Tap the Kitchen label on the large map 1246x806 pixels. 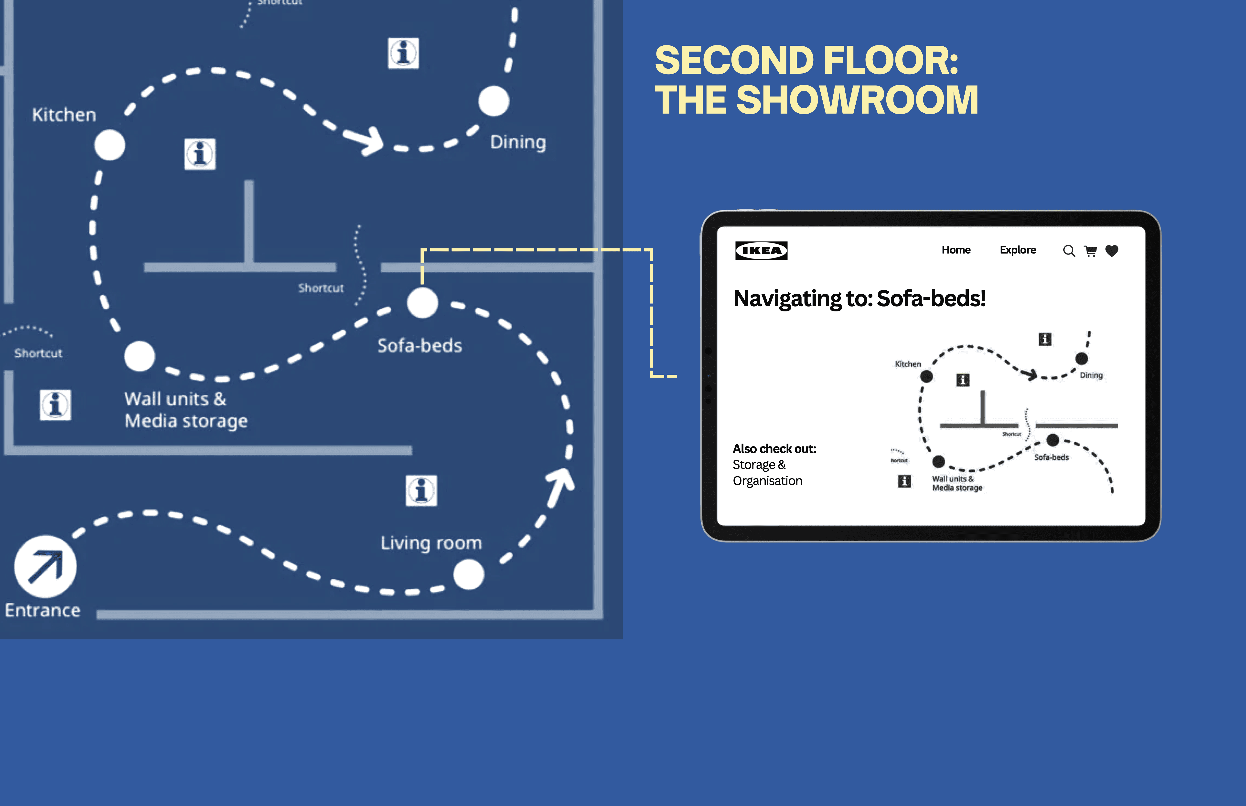coord(64,115)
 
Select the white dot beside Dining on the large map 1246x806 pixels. coord(493,101)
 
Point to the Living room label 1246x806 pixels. coord(431,543)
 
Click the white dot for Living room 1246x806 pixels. coord(469,574)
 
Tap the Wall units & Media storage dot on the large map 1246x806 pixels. coord(139,356)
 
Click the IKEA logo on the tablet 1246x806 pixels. coord(761,251)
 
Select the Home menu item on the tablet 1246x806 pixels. coord(956,250)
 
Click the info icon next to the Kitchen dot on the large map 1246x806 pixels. coord(199,154)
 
